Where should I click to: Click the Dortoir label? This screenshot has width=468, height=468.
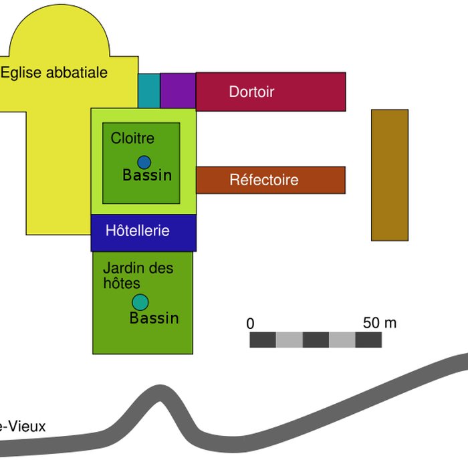tap(251, 92)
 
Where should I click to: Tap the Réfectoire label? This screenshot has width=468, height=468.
tap(263, 180)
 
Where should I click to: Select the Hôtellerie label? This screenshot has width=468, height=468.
tap(138, 231)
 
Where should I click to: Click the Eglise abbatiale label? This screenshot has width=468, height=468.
tap(53, 73)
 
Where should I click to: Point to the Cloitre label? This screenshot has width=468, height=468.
tap(132, 138)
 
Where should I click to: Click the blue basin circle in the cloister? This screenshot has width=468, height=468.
tap(144, 162)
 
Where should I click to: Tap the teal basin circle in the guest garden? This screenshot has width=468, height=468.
tap(140, 303)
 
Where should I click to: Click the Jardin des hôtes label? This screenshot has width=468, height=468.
tap(138, 275)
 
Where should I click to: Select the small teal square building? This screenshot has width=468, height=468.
tap(149, 90)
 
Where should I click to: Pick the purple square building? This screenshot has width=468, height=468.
tap(178, 90)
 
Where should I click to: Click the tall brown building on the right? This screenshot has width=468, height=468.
tap(390, 174)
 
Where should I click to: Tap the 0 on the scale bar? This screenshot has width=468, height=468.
tap(251, 324)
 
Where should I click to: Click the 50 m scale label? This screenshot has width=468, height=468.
tap(380, 323)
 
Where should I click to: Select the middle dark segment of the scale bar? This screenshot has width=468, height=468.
tap(316, 340)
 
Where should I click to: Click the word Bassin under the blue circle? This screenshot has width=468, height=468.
tap(147, 176)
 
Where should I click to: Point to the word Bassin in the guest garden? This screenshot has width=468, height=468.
tap(154, 318)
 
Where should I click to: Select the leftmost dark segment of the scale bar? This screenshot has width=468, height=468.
tap(263, 340)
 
